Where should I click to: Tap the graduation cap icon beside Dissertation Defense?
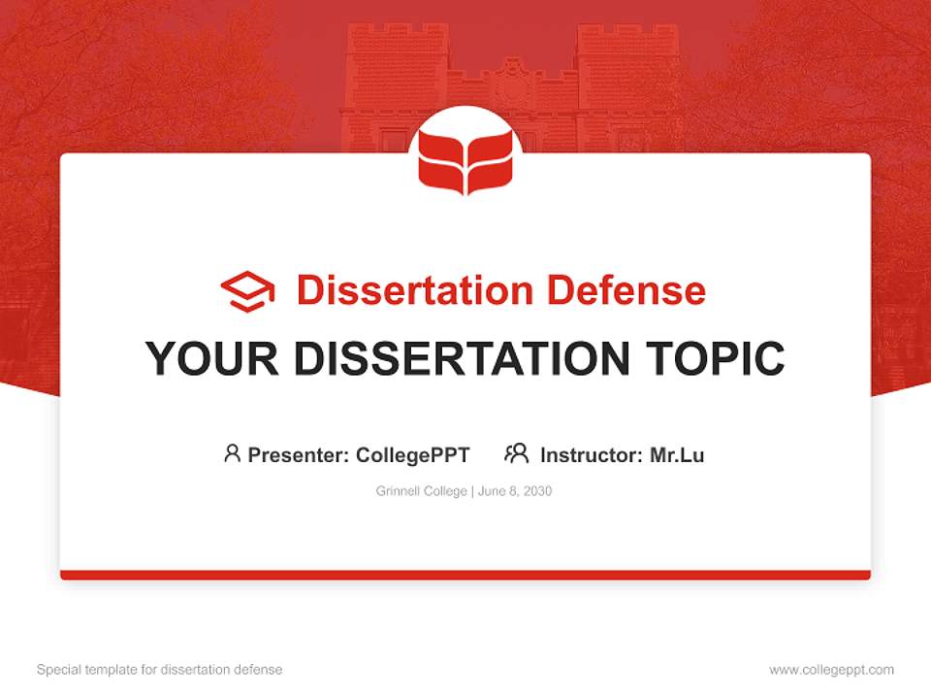[247, 291]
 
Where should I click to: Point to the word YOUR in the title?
[209, 358]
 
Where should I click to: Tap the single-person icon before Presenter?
[232, 453]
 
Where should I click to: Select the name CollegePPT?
[413, 454]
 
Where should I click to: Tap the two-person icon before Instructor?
[516, 453]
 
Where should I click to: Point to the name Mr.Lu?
[677, 454]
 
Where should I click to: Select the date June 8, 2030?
[515, 491]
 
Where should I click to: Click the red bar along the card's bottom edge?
[465, 575]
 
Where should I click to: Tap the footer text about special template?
[160, 670]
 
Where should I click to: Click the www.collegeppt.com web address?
[831, 670]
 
